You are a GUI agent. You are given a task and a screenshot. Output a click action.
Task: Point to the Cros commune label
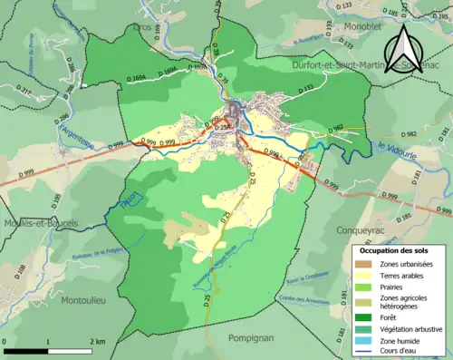pos(143,27)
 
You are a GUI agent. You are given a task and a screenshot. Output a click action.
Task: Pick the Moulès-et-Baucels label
pos(39,223)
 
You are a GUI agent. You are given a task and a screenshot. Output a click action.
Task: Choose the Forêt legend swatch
pos(365,317)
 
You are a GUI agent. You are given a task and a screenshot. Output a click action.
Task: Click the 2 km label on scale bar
pos(97,342)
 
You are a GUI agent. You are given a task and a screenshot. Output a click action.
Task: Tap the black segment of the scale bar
pos(28,350)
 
